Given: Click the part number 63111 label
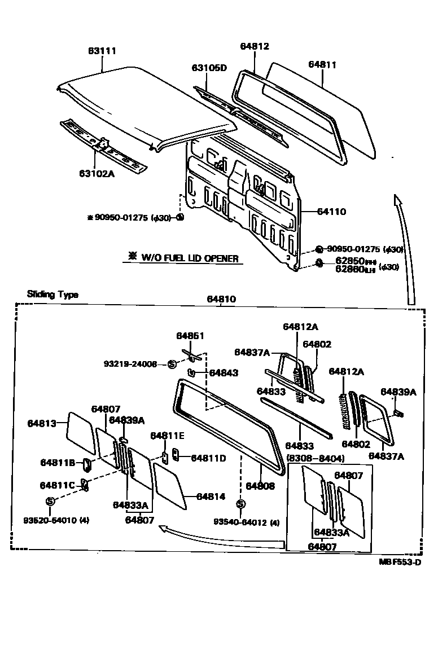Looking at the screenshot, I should point(102,51).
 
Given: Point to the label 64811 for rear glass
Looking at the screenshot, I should point(322,65).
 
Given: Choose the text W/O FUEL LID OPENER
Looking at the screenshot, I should point(189,258).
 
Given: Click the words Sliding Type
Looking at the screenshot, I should point(53,295).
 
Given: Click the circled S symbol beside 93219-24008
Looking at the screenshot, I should point(172,364).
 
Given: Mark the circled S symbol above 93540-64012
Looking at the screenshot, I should point(240,504).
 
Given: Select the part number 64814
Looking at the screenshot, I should point(211,497).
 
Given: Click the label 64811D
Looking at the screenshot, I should point(208,458).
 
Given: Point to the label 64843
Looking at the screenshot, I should point(224,373).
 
